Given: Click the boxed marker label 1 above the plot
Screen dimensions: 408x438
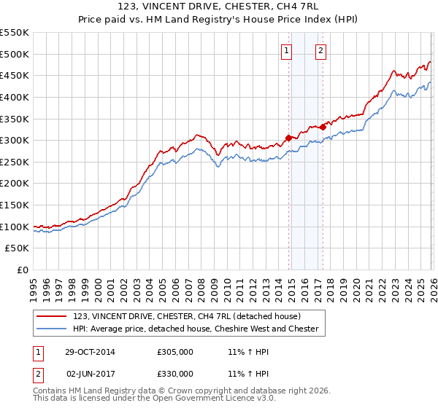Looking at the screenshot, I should click(286, 51).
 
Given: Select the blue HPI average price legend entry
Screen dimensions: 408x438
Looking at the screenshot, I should click(196, 329).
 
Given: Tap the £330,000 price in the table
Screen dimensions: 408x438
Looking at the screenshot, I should click(175, 374).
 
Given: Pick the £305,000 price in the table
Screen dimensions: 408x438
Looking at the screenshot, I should click(175, 352).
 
